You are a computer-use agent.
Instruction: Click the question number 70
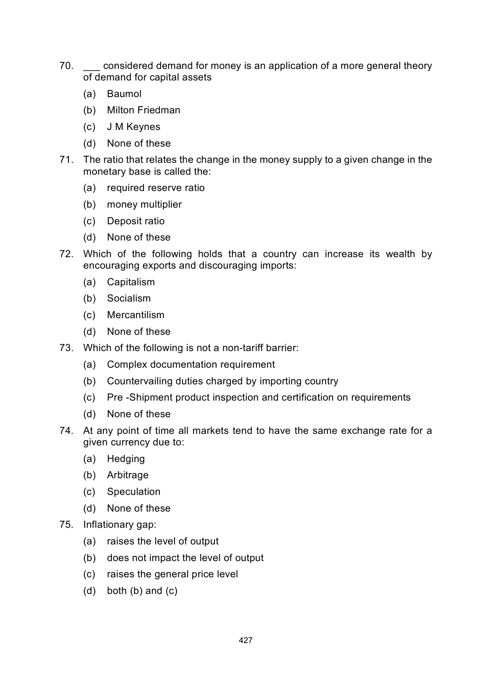[x=66, y=66]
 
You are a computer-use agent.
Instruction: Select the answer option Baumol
[x=124, y=94]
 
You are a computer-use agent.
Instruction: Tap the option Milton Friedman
[x=144, y=110]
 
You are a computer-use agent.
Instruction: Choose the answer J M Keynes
[x=134, y=127]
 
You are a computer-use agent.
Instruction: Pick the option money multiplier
[x=144, y=204]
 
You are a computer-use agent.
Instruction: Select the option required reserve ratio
[x=156, y=188]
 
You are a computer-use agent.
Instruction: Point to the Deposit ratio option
[x=136, y=221]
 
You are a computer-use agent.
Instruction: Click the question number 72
[x=66, y=254]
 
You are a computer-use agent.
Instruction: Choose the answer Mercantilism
[x=136, y=315]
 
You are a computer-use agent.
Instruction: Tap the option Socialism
[x=129, y=298]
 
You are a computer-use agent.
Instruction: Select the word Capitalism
[x=131, y=282]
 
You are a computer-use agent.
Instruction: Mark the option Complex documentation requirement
[x=191, y=365]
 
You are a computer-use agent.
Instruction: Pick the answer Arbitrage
[x=128, y=475]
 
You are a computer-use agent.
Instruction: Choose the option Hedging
[x=126, y=459]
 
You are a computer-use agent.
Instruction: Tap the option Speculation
[x=134, y=492]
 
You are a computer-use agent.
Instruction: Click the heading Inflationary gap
[x=120, y=525]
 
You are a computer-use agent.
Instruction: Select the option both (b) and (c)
[x=142, y=591]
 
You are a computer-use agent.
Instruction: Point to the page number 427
[x=246, y=640]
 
